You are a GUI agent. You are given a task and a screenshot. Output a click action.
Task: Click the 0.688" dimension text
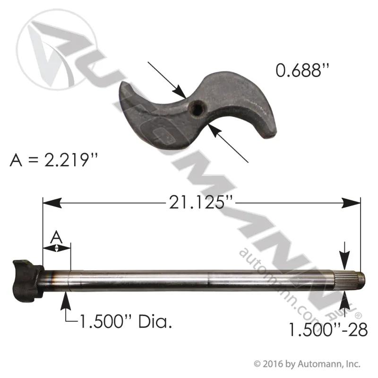(x=302, y=70)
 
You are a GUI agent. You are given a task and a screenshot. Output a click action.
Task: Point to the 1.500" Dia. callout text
(x=126, y=321)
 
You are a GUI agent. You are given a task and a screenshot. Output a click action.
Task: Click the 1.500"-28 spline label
(x=328, y=329)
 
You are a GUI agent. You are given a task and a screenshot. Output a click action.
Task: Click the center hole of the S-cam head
(x=197, y=110)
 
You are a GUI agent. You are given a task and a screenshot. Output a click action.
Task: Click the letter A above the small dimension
(x=56, y=237)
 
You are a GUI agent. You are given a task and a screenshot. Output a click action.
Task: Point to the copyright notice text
(x=307, y=364)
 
